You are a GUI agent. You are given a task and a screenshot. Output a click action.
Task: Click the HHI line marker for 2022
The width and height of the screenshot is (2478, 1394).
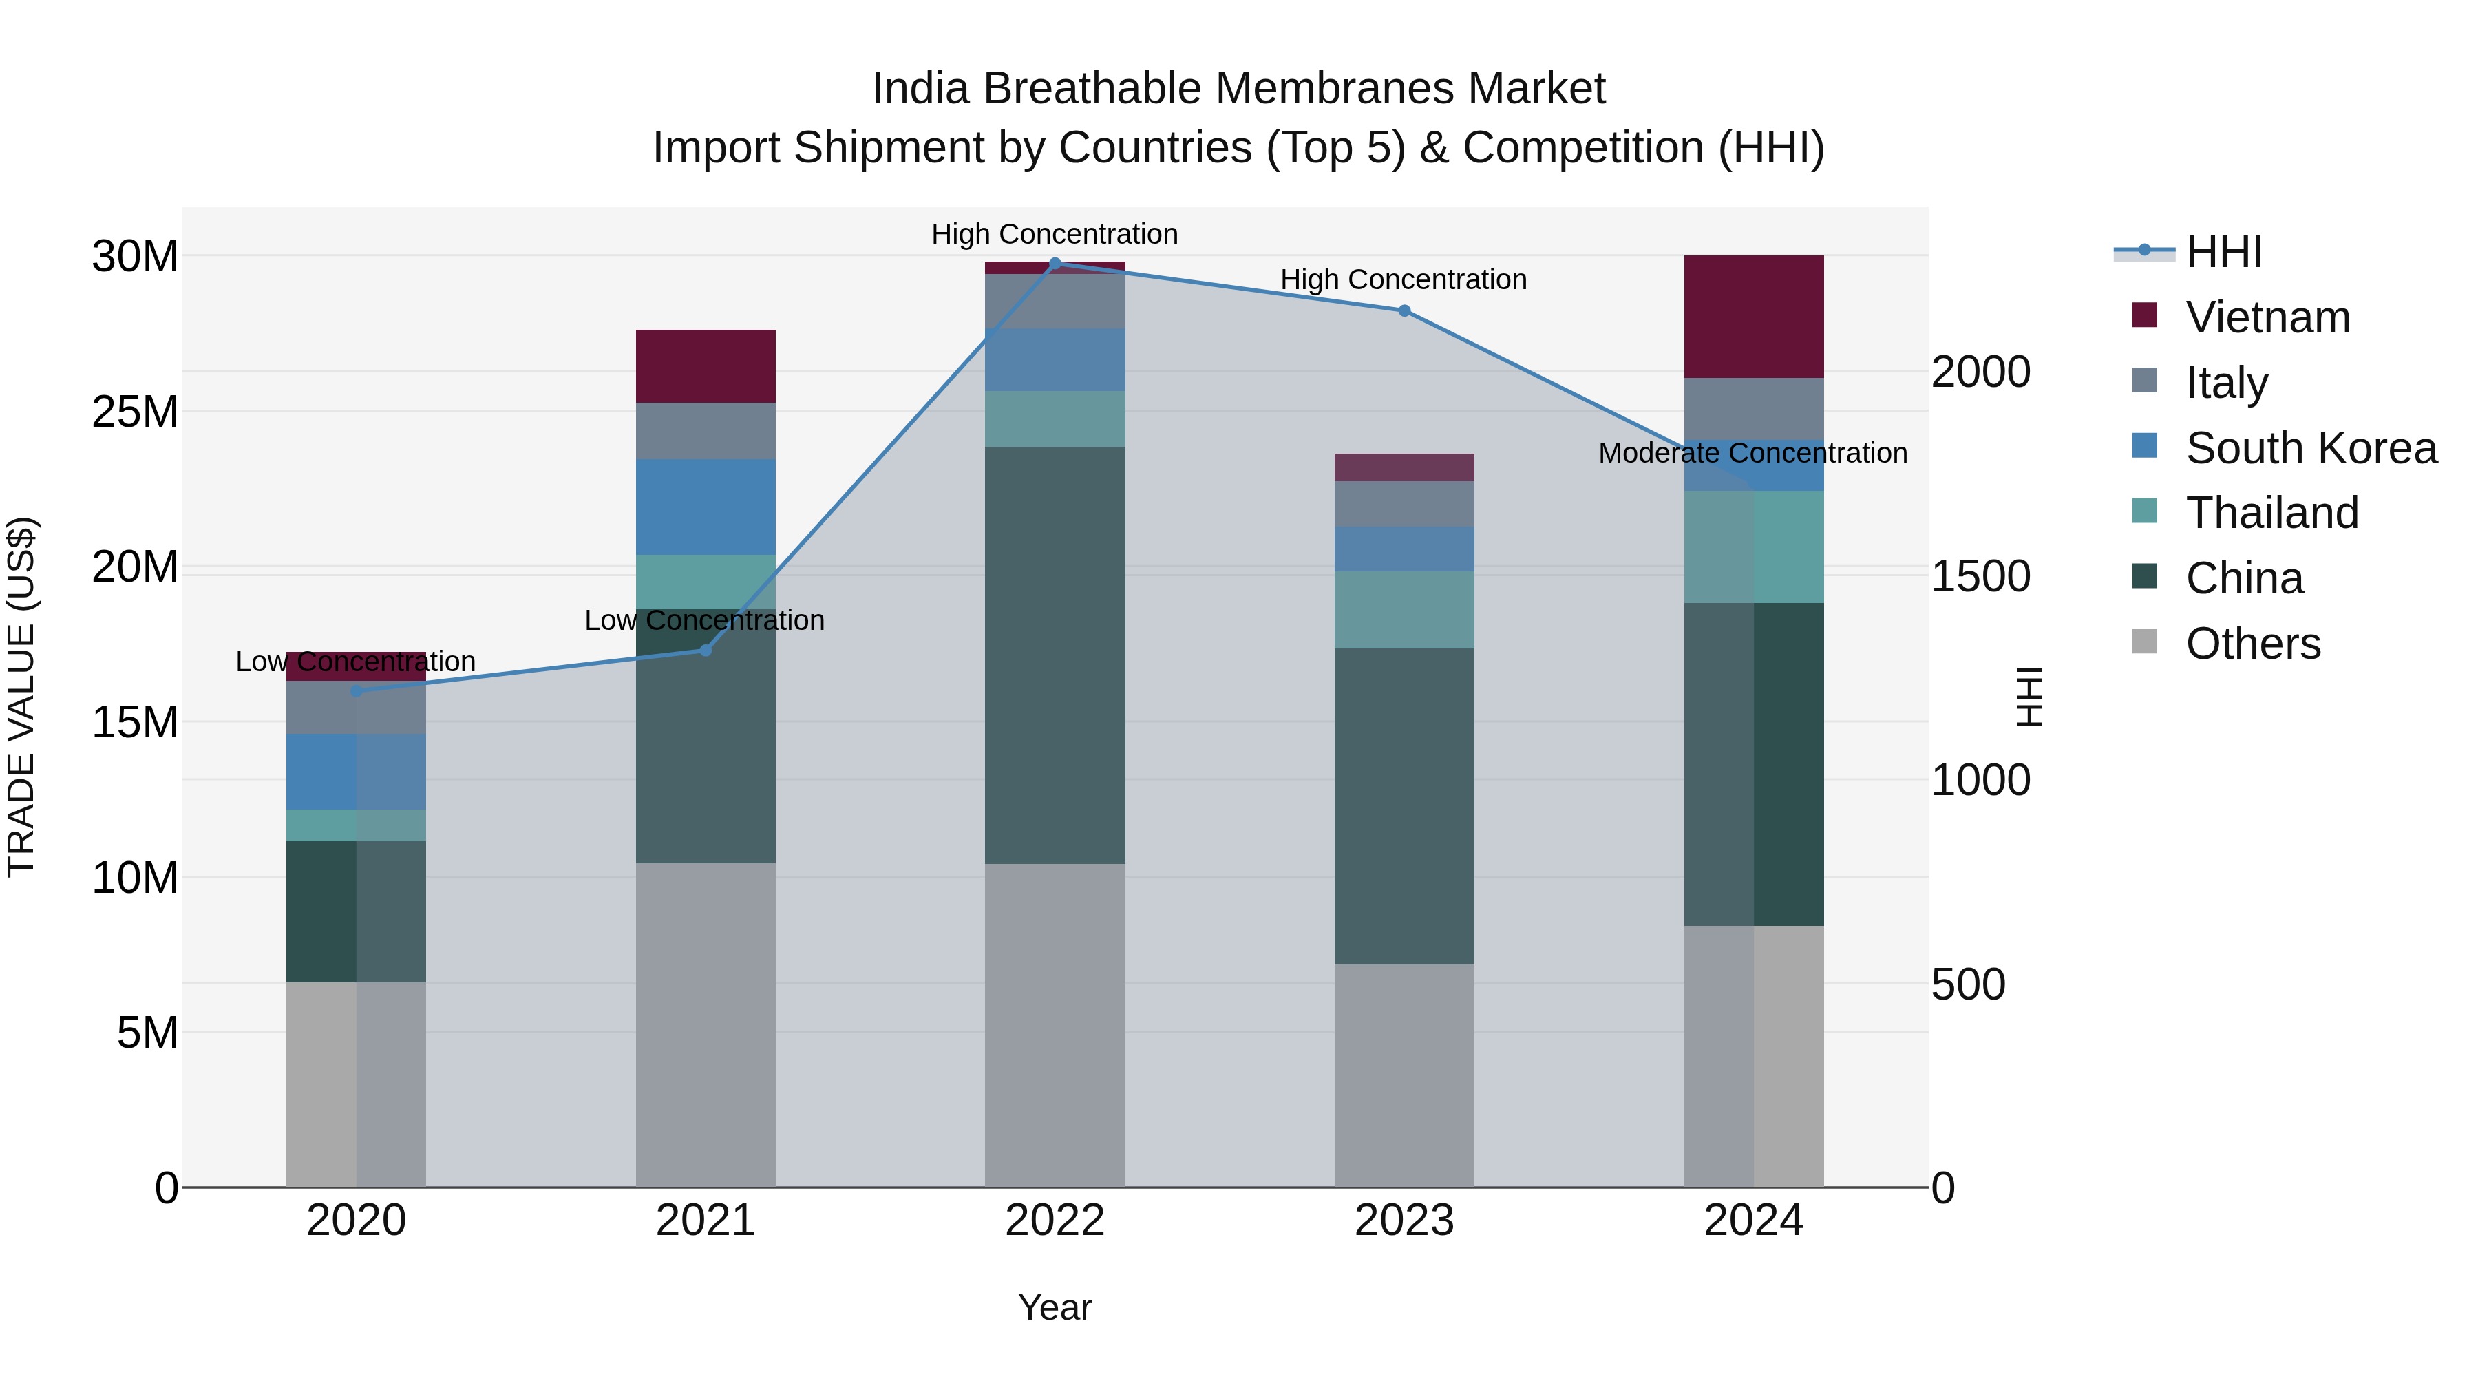(x=1055, y=263)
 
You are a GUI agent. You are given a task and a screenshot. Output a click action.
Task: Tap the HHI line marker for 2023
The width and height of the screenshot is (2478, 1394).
(x=1404, y=310)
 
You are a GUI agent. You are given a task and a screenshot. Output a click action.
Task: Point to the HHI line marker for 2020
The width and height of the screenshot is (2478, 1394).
(x=356, y=690)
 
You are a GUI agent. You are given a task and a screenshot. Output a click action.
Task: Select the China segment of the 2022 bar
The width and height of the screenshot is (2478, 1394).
(x=1055, y=654)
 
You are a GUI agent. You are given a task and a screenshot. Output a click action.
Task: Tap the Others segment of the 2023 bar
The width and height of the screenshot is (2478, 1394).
(x=1404, y=1075)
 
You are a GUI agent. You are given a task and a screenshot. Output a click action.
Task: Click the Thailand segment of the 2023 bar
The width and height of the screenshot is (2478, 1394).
(x=1404, y=610)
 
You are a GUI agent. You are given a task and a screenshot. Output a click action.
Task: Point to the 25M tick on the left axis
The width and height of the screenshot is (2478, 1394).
(x=135, y=412)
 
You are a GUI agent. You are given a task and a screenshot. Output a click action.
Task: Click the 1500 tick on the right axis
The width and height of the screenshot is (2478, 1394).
(x=1980, y=576)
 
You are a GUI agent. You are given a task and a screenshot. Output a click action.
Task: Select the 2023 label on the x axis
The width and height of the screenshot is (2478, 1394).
(x=1404, y=1221)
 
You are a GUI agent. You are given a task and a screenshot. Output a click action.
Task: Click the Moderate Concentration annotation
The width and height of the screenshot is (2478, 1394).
(x=1752, y=453)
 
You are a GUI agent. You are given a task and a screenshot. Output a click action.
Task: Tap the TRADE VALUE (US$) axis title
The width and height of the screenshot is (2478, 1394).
(x=21, y=697)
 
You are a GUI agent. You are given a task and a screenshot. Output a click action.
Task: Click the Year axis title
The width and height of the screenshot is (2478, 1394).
(x=1055, y=1307)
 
